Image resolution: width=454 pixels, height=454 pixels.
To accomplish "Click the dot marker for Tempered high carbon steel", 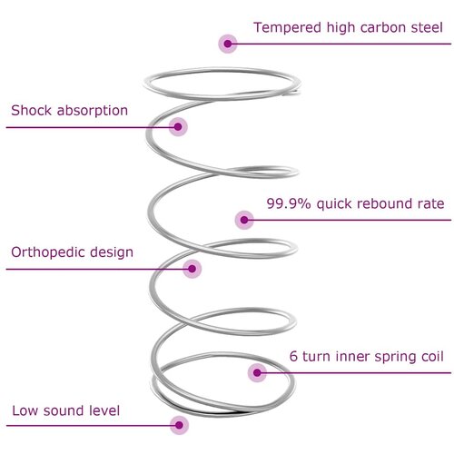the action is coord(228,44).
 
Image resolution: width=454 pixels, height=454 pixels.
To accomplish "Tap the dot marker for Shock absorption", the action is coord(178,127).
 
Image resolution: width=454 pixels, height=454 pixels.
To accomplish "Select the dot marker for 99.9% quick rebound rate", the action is coord(244,220).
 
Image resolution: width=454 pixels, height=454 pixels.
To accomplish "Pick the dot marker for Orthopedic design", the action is coord(192,269).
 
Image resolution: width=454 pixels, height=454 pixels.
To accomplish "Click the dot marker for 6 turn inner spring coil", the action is coord(257,373).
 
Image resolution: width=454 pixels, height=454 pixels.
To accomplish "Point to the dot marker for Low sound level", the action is coord(179,425).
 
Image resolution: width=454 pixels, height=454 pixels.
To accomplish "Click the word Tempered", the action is coord(288,28).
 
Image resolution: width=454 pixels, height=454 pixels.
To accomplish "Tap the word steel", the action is coord(427,27).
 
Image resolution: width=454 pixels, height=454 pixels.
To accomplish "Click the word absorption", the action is coord(93,111).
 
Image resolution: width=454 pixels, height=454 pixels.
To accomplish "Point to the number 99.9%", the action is coord(289,203).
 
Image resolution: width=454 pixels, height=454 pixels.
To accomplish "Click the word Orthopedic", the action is coord(48,252).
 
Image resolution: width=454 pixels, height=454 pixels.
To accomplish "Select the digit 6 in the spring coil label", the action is coord(293,356).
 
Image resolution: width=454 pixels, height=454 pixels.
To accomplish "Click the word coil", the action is coord(432,356).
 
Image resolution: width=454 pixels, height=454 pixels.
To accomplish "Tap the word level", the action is coord(101,410).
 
